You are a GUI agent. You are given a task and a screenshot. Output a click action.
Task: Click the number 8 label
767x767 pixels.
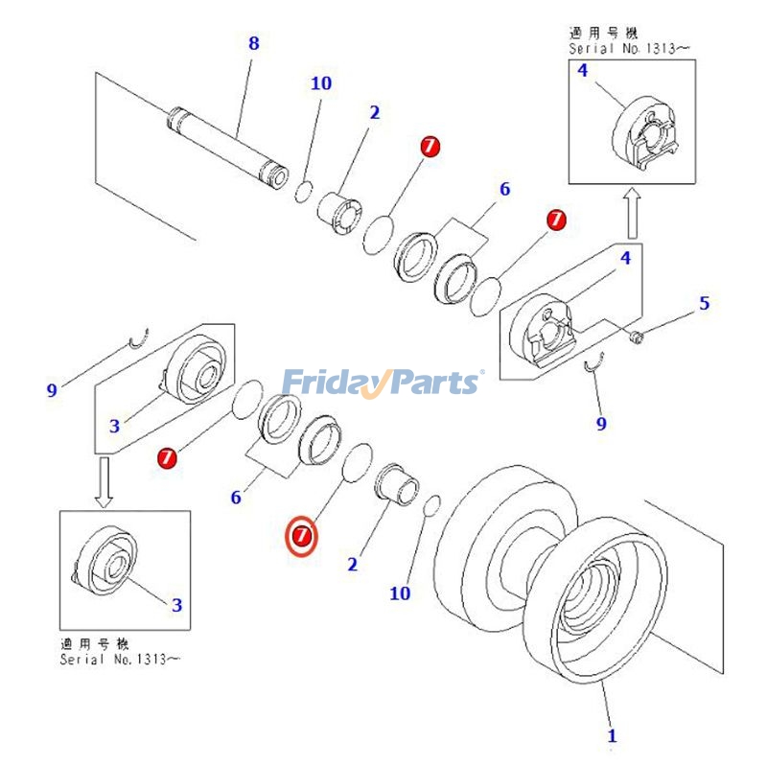[x=253, y=44]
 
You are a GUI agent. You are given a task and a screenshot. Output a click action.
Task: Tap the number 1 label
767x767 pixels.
[x=612, y=736]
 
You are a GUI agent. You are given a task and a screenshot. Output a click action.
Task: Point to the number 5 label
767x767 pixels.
[x=704, y=304]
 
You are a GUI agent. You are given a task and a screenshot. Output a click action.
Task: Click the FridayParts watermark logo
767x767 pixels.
[x=383, y=383]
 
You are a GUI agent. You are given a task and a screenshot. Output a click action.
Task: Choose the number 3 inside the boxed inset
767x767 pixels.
[x=176, y=605]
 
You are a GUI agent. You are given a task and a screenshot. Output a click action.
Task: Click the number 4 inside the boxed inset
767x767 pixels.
[x=582, y=70]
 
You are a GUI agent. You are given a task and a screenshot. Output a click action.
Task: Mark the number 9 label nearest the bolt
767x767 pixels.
[x=601, y=423]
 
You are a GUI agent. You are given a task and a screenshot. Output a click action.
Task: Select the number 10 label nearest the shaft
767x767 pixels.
[x=320, y=83]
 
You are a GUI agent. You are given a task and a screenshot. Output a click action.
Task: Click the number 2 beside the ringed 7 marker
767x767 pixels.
[x=352, y=565]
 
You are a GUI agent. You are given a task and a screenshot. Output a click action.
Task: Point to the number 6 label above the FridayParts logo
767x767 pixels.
[x=504, y=189]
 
